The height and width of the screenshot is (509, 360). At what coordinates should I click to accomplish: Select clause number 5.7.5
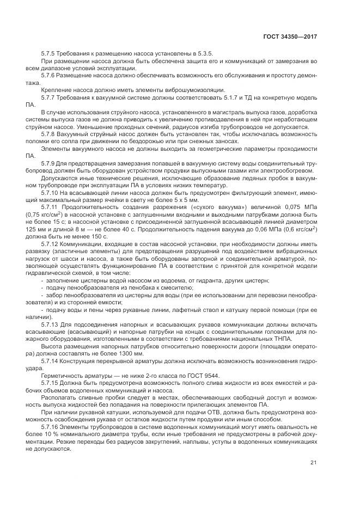point(51,53)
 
